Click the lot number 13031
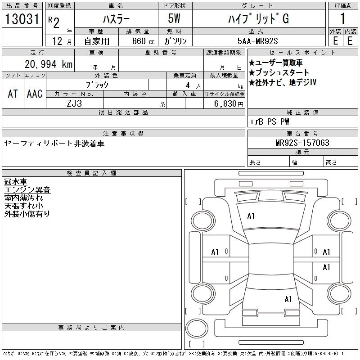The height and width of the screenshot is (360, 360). [x=22, y=19]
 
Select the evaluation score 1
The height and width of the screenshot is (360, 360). [x=342, y=19]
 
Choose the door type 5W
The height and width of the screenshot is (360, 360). [x=175, y=19]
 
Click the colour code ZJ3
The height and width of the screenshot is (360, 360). [x=75, y=103]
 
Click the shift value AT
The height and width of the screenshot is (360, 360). [x=13, y=94]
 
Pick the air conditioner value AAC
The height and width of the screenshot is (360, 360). [x=35, y=94]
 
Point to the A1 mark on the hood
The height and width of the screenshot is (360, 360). [x=251, y=216]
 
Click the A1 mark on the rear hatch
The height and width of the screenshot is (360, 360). [x=288, y=299]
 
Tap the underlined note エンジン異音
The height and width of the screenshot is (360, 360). [x=27, y=189]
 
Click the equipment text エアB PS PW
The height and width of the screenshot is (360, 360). [x=270, y=121]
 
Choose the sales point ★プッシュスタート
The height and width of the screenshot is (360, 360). [x=279, y=72]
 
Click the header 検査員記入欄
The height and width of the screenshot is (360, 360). [x=91, y=173]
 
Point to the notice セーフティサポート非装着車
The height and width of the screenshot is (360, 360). [x=54, y=144]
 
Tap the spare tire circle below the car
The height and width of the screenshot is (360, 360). [x=194, y=327]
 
